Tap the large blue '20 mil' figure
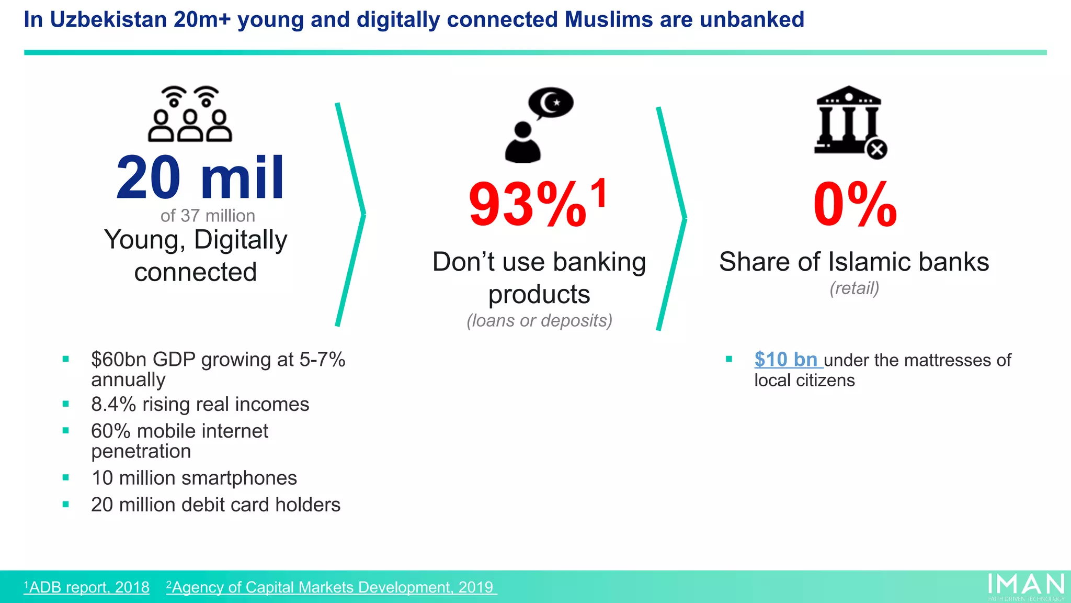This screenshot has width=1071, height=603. tap(200, 178)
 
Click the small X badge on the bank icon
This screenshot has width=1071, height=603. tap(877, 150)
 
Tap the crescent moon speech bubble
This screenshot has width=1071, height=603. tap(551, 103)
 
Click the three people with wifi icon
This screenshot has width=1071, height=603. tap(190, 114)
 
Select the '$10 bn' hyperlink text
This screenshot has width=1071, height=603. tap(785, 360)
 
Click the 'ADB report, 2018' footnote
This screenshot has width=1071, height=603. tap(87, 587)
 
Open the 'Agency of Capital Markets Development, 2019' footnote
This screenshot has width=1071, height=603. tap(331, 587)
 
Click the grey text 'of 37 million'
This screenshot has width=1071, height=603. tap(208, 216)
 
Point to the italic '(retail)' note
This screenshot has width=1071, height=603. tap(854, 288)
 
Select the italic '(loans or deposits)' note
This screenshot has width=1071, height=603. tap(539, 320)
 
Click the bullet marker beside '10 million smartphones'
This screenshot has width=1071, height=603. tap(66, 477)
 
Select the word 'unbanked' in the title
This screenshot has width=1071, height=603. tap(751, 20)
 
